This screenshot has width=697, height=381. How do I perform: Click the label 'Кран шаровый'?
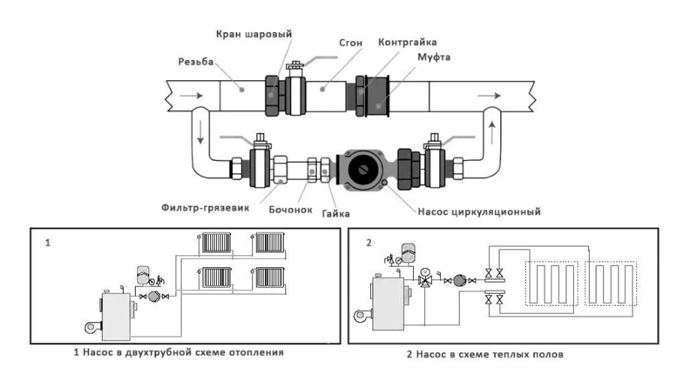pyautogui.click(x=254, y=34)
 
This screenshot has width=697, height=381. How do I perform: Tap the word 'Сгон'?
pyautogui.click(x=351, y=43)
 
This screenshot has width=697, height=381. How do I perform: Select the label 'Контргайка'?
pyautogui.click(x=407, y=42)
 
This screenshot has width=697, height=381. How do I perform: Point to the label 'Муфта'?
pyautogui.click(x=434, y=57)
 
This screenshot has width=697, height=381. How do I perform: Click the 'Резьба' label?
pyautogui.click(x=196, y=62)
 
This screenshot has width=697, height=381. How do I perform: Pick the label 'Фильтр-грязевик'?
pyautogui.click(x=206, y=207)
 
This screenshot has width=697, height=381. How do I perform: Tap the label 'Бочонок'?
pyautogui.click(x=290, y=210)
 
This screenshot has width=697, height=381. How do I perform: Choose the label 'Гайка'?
pyautogui.click(x=335, y=214)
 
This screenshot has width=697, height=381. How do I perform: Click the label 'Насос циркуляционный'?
pyautogui.click(x=479, y=211)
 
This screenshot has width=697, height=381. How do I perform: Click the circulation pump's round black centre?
pyautogui.click(x=364, y=170)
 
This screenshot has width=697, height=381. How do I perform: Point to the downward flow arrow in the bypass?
pyautogui.click(x=200, y=132)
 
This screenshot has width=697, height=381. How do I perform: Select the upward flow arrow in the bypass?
pyautogui.click(x=492, y=133)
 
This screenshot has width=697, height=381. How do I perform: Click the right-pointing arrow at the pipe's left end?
pyautogui.click(x=191, y=96)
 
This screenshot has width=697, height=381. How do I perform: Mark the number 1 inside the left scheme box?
pyautogui.click(x=48, y=243)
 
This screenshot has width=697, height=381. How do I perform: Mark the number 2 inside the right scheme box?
pyautogui.click(x=369, y=243)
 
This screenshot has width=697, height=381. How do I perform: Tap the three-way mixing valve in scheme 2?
pyautogui.click(x=425, y=280)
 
